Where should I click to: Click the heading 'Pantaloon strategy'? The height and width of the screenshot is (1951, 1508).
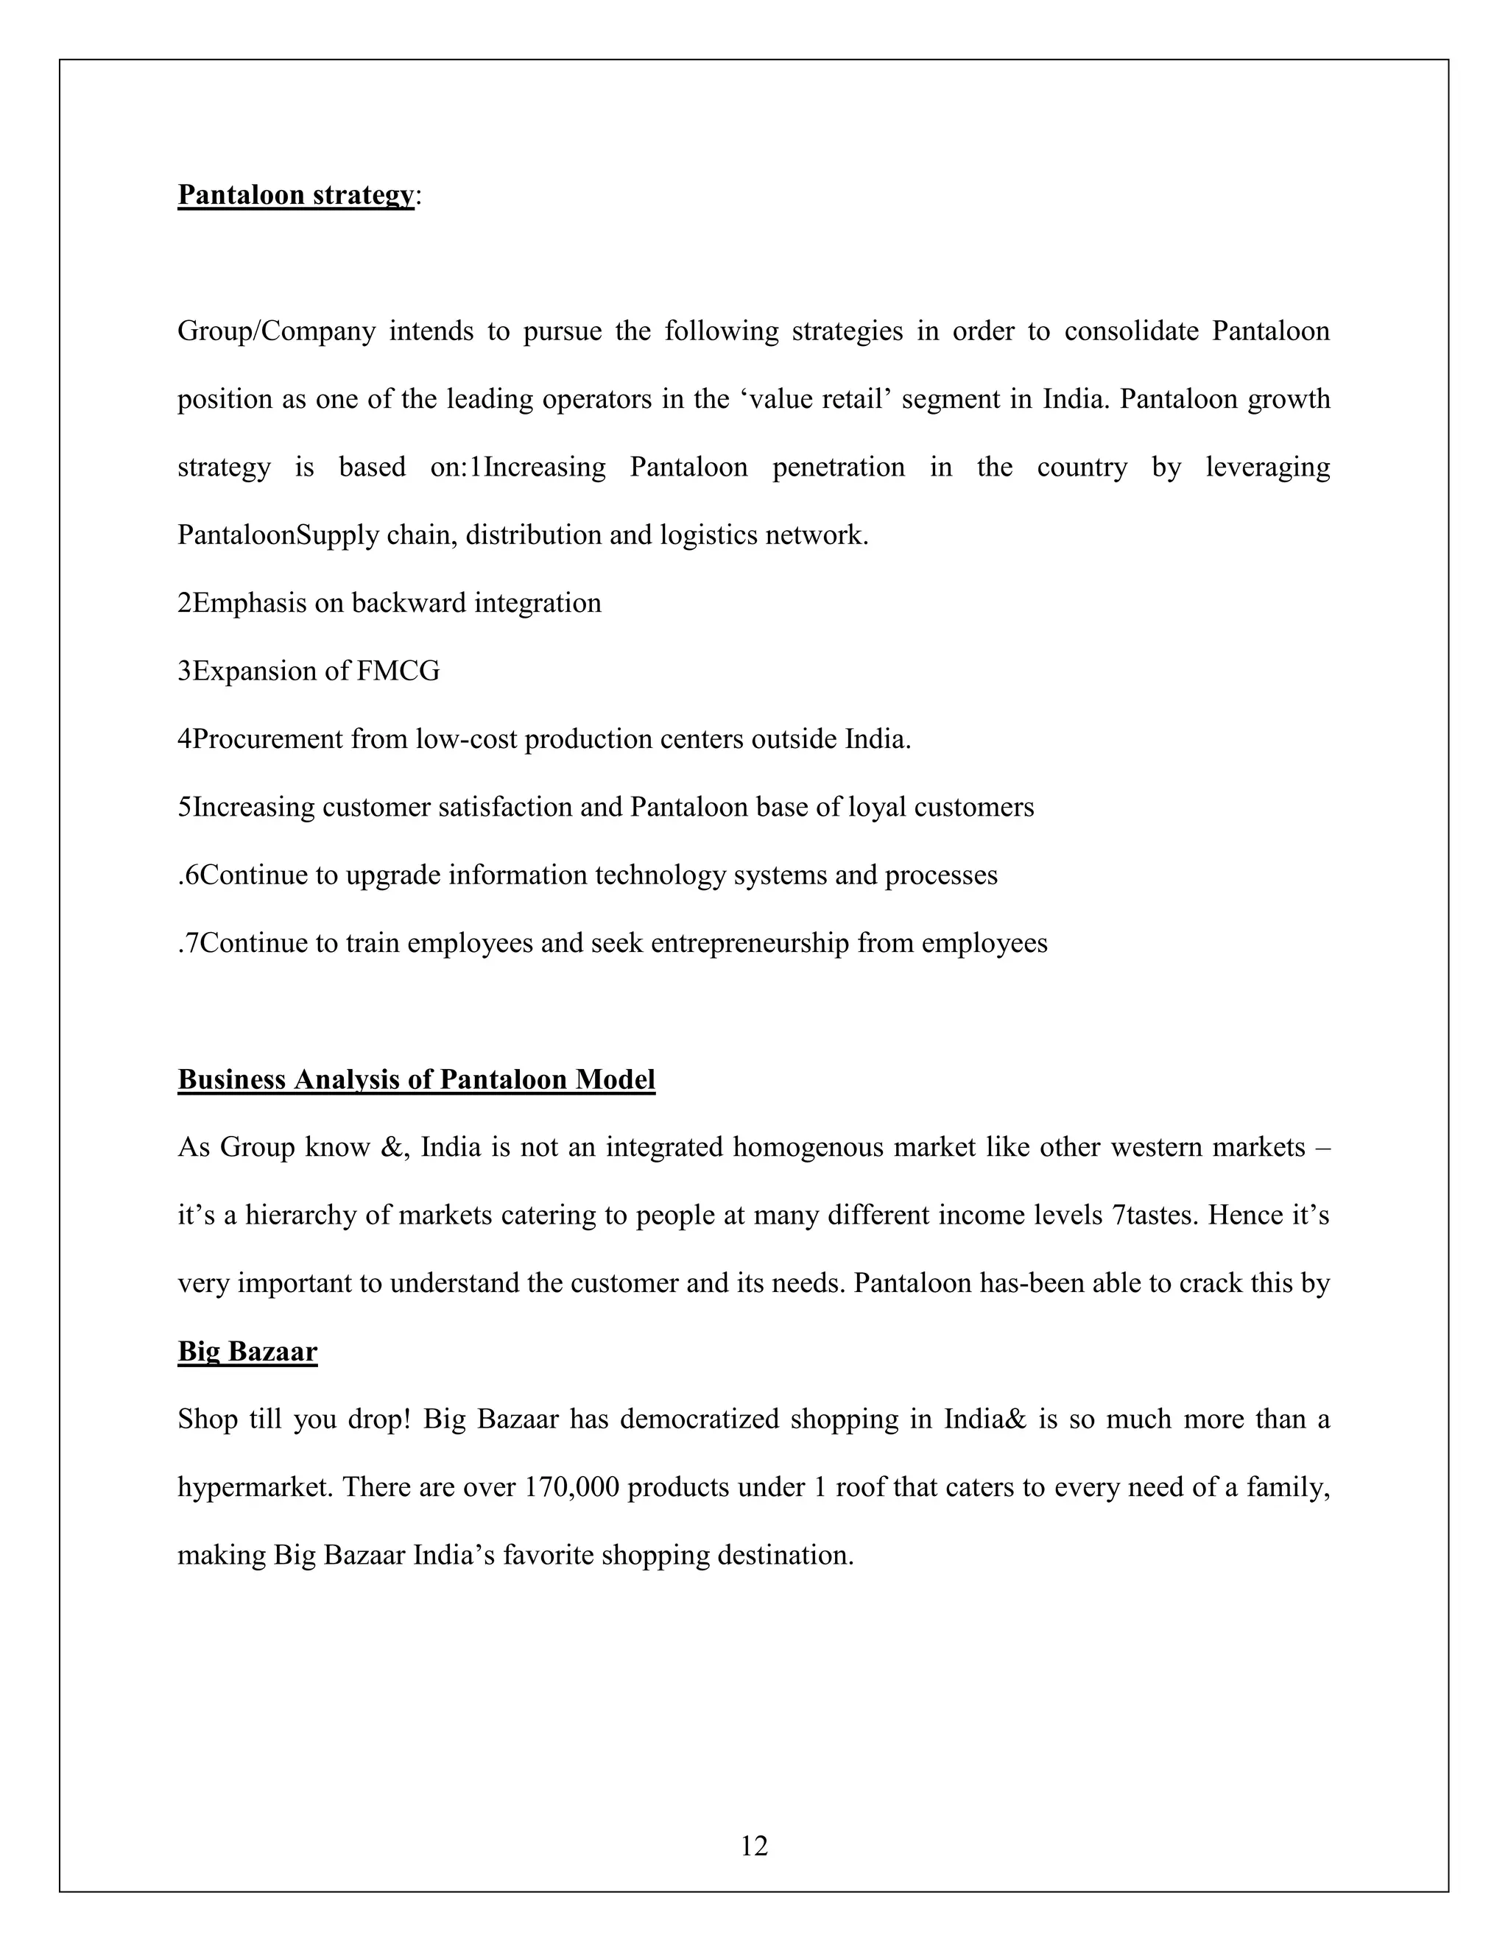point(296,195)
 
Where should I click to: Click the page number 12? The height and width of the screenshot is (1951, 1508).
point(754,1845)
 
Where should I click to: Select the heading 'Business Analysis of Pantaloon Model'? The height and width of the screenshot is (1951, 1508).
point(416,1079)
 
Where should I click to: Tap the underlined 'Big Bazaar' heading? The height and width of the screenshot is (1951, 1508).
point(247,1351)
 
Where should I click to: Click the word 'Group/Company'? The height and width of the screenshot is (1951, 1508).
point(276,331)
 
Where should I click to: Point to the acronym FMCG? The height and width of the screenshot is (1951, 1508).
point(398,671)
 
